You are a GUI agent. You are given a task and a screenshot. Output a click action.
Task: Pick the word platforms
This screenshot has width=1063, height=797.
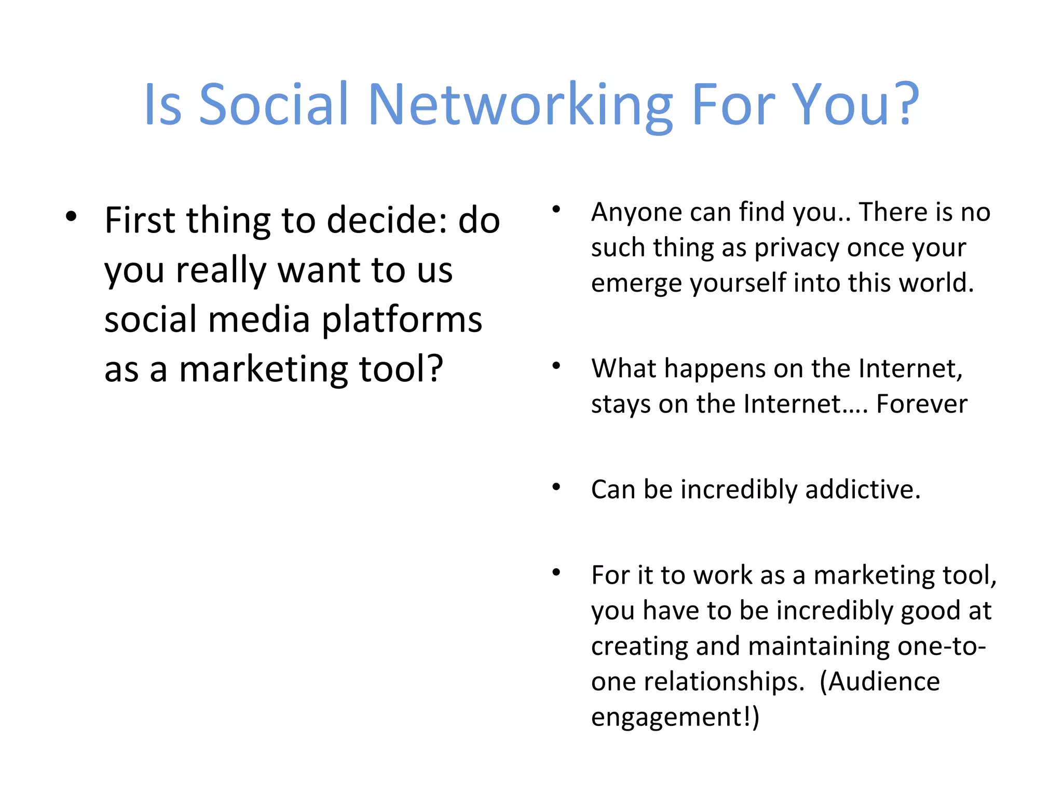[x=402, y=320]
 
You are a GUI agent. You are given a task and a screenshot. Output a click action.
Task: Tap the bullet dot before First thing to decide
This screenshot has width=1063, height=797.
[x=71, y=217]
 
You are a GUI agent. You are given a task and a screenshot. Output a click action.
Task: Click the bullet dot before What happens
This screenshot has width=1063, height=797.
[x=556, y=366]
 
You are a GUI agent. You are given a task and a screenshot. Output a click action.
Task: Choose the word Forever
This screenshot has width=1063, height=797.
[x=922, y=404]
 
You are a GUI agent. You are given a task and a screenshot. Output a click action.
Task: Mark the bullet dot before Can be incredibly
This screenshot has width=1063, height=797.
[x=556, y=487]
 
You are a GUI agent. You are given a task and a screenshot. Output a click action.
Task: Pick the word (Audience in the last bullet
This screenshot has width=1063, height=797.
[x=880, y=682]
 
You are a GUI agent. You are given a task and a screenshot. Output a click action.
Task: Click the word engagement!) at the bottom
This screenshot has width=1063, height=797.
[x=675, y=718]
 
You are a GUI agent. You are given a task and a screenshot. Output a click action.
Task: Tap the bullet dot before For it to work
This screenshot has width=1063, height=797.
[x=556, y=573]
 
